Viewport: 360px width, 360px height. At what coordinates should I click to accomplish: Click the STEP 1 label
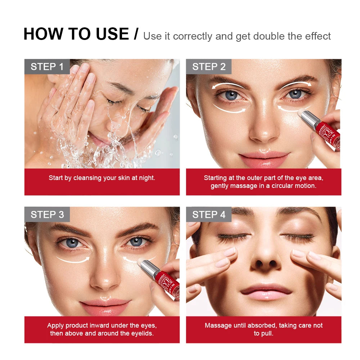click(47, 67)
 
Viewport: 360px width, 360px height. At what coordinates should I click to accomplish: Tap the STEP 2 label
click(209, 67)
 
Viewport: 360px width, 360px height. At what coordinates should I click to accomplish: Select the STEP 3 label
click(47, 215)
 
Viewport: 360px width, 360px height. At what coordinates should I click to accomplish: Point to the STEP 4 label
click(209, 215)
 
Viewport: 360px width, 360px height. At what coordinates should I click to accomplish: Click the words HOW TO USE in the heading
click(76, 34)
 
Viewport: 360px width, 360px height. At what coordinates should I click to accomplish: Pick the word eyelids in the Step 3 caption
click(141, 333)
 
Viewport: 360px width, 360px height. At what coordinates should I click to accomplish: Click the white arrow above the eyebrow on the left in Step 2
click(228, 85)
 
